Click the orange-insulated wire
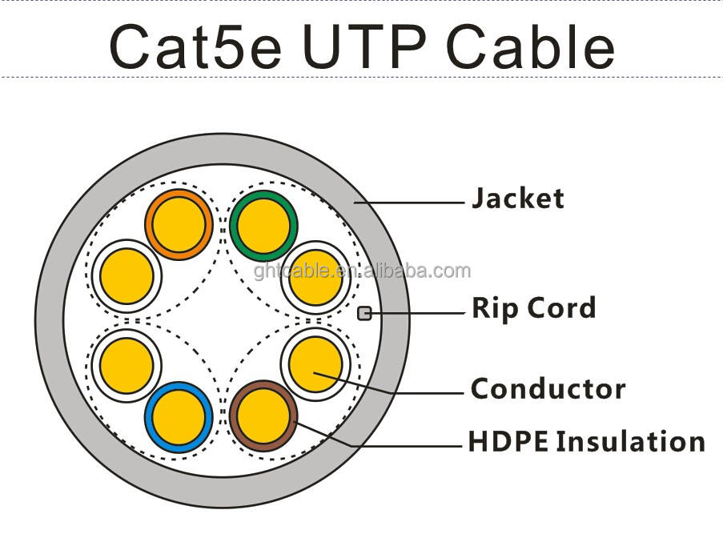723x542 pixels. pos(179,224)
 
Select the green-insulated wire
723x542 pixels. pos(263,226)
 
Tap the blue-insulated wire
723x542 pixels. pos(179,417)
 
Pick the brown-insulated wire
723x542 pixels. pos(263,416)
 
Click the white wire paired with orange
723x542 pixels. pos(127,276)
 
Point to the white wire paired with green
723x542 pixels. pos(315,278)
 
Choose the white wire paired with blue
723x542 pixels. pos(127,365)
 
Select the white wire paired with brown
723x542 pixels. pos(315,363)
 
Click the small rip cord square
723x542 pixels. pos(364,313)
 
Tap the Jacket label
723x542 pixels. pos(518,199)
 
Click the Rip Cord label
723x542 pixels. pos(534,308)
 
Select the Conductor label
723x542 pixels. pos(548,388)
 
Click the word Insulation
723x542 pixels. pos(631,442)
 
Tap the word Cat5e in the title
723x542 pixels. pos(195,46)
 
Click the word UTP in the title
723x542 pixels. pos(364,46)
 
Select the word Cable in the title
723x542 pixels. pos(530,46)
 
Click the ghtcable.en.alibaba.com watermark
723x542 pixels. pos(362,271)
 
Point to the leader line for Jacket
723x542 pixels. pos(409,202)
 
